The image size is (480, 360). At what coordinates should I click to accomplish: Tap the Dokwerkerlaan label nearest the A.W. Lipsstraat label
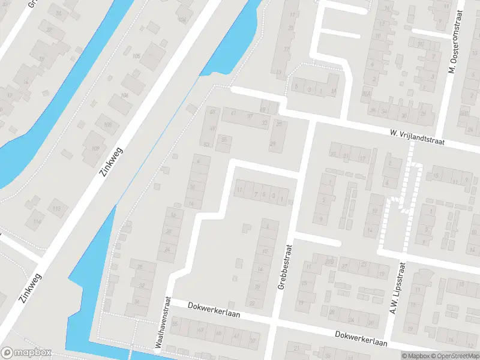click(361, 338)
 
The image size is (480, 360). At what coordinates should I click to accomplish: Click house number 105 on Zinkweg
click(136, 56)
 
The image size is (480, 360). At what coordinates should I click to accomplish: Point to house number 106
click(125, 96)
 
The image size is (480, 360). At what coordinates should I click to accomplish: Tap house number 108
click(107, 125)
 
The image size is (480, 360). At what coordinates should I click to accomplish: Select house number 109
click(95, 148)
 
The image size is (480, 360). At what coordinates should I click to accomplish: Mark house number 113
click(58, 208)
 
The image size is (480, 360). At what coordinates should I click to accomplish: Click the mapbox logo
click(26, 353)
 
